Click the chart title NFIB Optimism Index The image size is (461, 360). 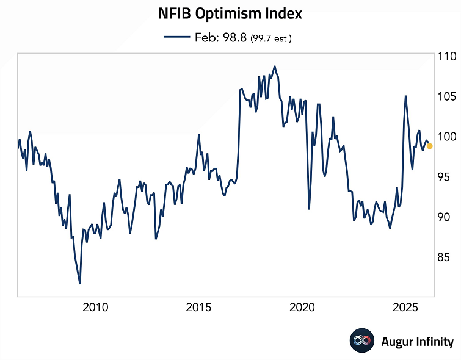click(230, 13)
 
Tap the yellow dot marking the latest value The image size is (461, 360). click(429, 146)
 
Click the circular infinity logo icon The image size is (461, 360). click(361, 341)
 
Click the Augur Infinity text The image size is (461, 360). click(417, 342)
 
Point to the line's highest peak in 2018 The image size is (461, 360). click(274, 66)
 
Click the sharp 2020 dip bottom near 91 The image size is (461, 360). click(309, 209)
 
